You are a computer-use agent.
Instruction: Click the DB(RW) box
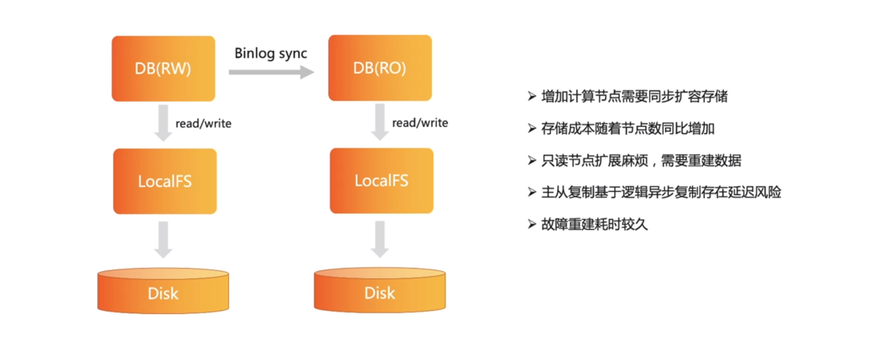tap(163, 69)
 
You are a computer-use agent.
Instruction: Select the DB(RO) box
tap(380, 68)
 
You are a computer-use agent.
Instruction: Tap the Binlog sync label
tap(271, 53)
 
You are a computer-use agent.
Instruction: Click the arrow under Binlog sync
tap(271, 72)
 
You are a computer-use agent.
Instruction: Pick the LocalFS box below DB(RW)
tap(165, 181)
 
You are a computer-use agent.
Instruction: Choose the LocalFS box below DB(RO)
tap(382, 181)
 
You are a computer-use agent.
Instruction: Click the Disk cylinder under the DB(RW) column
tap(163, 291)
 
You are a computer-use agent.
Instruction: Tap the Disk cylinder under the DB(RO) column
tap(380, 290)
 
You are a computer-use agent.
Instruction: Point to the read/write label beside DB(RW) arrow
tap(204, 124)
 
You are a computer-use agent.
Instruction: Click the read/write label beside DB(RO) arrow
tap(420, 123)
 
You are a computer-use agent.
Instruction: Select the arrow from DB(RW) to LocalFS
tap(163, 123)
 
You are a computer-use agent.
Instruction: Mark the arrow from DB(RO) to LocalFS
tap(380, 122)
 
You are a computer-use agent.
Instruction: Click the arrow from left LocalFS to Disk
tap(163, 240)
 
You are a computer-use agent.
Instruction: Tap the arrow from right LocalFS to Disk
tap(380, 239)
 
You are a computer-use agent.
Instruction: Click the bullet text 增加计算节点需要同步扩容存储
tap(634, 97)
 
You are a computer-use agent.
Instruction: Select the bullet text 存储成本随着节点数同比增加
tap(628, 128)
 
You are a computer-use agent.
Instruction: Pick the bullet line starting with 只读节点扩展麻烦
tap(641, 161)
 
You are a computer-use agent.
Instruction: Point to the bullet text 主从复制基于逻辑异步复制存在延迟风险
tap(661, 192)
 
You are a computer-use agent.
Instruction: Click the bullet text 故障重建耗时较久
tap(595, 224)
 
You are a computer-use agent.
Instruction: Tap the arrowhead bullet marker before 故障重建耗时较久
tap(532, 224)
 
